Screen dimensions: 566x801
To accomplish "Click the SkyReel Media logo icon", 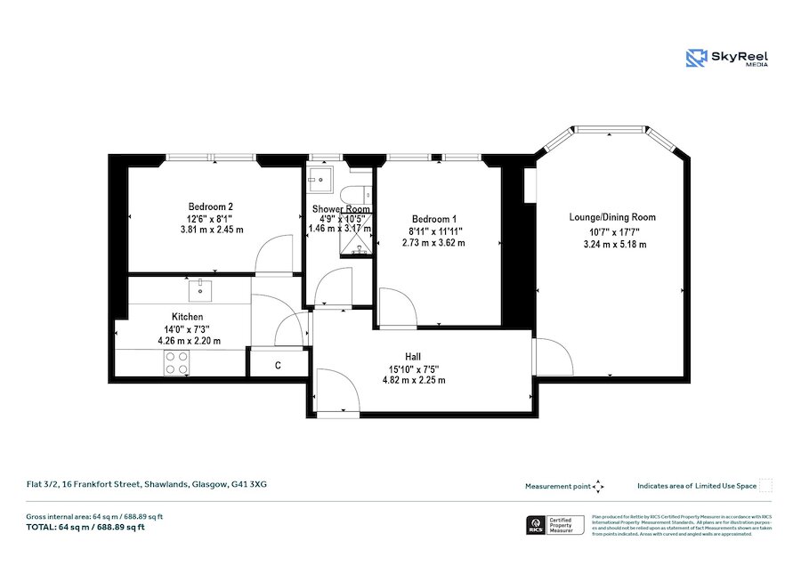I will [696, 59].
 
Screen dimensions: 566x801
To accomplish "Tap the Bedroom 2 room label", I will [210, 206].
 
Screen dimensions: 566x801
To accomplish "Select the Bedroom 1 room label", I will [433, 219].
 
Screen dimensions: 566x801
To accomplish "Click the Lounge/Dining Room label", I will [612, 217].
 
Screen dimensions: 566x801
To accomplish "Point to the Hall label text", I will [413, 356].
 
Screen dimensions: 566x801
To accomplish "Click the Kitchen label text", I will [188, 317].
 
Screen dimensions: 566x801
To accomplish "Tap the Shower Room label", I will [339, 210].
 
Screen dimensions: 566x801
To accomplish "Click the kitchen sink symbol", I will [200, 287].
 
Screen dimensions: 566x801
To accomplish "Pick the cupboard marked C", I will [278, 365].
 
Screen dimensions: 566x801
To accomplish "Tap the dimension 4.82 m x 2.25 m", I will [412, 380].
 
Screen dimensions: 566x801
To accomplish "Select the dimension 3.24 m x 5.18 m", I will [612, 243].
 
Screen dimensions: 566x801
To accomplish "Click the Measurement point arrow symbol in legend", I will [598, 486].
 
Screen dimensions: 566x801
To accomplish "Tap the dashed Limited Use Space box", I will [766, 486].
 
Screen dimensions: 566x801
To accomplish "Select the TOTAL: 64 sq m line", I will [85, 528].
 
